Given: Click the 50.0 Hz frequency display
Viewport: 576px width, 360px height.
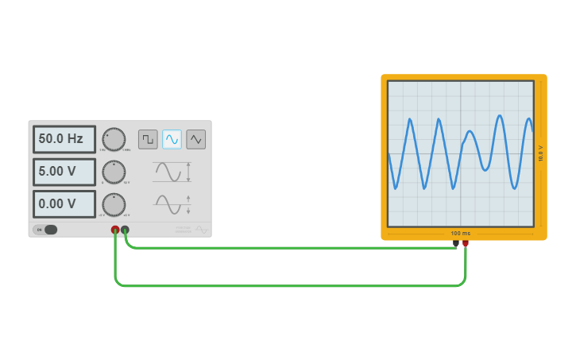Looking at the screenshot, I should pyautogui.click(x=64, y=139).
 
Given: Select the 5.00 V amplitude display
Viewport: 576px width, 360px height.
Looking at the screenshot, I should pyautogui.click(x=64, y=172).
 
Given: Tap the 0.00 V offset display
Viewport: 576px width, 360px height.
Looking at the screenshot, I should pyautogui.click(x=64, y=204).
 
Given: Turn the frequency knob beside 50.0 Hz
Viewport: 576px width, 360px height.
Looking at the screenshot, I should pyautogui.click(x=114, y=139).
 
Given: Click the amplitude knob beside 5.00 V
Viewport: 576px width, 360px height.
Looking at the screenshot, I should pyautogui.click(x=114, y=172).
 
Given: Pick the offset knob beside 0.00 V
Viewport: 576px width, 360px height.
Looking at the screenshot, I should pyautogui.click(x=114, y=204).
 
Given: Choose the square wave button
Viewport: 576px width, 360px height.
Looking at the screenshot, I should pyautogui.click(x=148, y=139).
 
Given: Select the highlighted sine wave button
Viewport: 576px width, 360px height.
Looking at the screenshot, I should pyautogui.click(x=172, y=139).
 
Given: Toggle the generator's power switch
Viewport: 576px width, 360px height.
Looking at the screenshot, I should pyautogui.click(x=46, y=230).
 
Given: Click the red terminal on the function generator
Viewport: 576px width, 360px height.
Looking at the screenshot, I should pyautogui.click(x=115, y=230).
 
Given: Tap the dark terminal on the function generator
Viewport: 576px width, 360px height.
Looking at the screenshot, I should pyautogui.click(x=125, y=230).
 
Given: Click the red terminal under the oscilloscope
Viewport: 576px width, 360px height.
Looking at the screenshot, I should pyautogui.click(x=466, y=243).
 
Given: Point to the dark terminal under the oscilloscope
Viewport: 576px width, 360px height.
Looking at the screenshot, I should pyautogui.click(x=455, y=243).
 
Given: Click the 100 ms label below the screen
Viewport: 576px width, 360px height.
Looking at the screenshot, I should pyautogui.click(x=461, y=234).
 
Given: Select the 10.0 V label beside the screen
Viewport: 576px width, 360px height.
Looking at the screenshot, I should pyautogui.click(x=541, y=153).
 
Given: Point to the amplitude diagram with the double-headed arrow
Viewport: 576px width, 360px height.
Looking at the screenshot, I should pyautogui.click(x=172, y=172).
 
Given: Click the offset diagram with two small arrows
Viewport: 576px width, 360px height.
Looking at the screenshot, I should pyautogui.click(x=172, y=204).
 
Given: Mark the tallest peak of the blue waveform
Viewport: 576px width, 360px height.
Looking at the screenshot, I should pyautogui.click(x=500, y=117).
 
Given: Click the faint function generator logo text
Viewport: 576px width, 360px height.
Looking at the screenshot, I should pyautogui.click(x=184, y=230).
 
